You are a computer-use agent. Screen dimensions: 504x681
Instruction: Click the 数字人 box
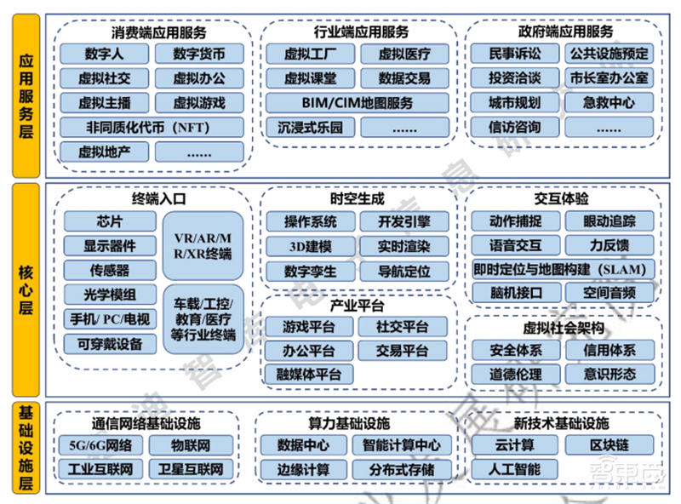point(105,54)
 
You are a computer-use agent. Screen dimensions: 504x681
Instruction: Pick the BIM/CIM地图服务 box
point(356,103)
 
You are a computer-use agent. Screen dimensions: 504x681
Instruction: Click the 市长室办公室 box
point(609,78)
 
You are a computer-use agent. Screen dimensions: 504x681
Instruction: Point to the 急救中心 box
point(609,103)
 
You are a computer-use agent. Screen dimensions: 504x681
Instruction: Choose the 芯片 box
point(110,221)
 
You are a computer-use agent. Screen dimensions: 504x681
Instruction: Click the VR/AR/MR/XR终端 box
point(205,246)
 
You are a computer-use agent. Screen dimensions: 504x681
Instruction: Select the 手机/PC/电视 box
point(110,319)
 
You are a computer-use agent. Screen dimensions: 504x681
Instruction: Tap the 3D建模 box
point(311,247)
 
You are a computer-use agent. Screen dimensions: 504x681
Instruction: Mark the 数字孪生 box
point(311,272)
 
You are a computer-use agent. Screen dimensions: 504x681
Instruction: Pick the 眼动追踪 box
point(609,221)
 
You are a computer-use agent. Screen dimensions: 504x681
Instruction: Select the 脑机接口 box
point(516,293)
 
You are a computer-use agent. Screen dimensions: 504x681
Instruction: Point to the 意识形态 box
point(609,373)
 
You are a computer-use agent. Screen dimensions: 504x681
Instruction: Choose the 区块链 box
point(609,444)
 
